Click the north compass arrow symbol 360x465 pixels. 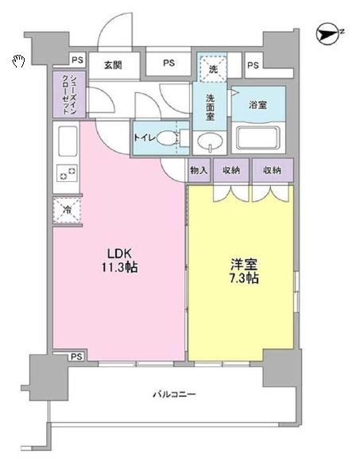click(327, 35)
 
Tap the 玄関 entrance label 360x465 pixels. click(113, 64)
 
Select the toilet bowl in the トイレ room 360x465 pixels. click(167, 138)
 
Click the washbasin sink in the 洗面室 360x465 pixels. click(210, 141)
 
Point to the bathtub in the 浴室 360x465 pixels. click(258, 138)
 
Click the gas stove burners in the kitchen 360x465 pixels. click(68, 173)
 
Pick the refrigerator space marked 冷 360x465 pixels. click(67, 211)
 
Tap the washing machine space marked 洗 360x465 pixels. click(213, 68)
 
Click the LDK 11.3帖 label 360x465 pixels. click(119, 261)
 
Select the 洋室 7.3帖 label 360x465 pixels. click(244, 271)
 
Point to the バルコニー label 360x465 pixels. click(174, 394)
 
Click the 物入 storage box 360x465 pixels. click(199, 170)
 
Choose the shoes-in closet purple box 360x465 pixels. click(69, 94)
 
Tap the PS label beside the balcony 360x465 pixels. click(76, 356)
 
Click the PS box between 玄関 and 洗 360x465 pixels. click(168, 64)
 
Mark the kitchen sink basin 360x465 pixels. click(68, 141)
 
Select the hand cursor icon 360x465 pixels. click(18, 61)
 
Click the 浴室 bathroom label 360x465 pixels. click(257, 104)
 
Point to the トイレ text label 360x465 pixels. click(145, 138)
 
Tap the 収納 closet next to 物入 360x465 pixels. click(231, 170)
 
